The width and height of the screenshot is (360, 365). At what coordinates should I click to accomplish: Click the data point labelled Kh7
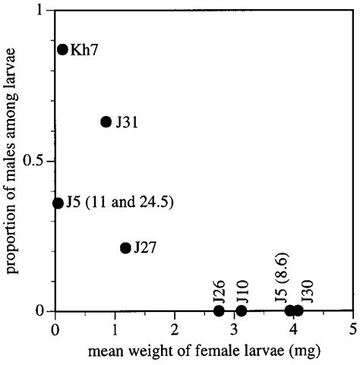(63, 49)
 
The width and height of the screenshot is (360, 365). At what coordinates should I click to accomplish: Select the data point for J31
(106, 121)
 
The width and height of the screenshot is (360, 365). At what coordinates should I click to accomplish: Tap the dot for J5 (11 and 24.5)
(58, 203)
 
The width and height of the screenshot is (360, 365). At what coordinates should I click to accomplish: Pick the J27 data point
(126, 248)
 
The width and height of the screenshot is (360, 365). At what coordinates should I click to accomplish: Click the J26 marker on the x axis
(219, 310)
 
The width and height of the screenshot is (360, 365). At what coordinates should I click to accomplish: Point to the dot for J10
(242, 310)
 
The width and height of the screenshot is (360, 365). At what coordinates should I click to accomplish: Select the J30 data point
(298, 310)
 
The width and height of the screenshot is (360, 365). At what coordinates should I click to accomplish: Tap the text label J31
(126, 122)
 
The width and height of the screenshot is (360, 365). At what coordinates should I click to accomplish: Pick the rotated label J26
(219, 289)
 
